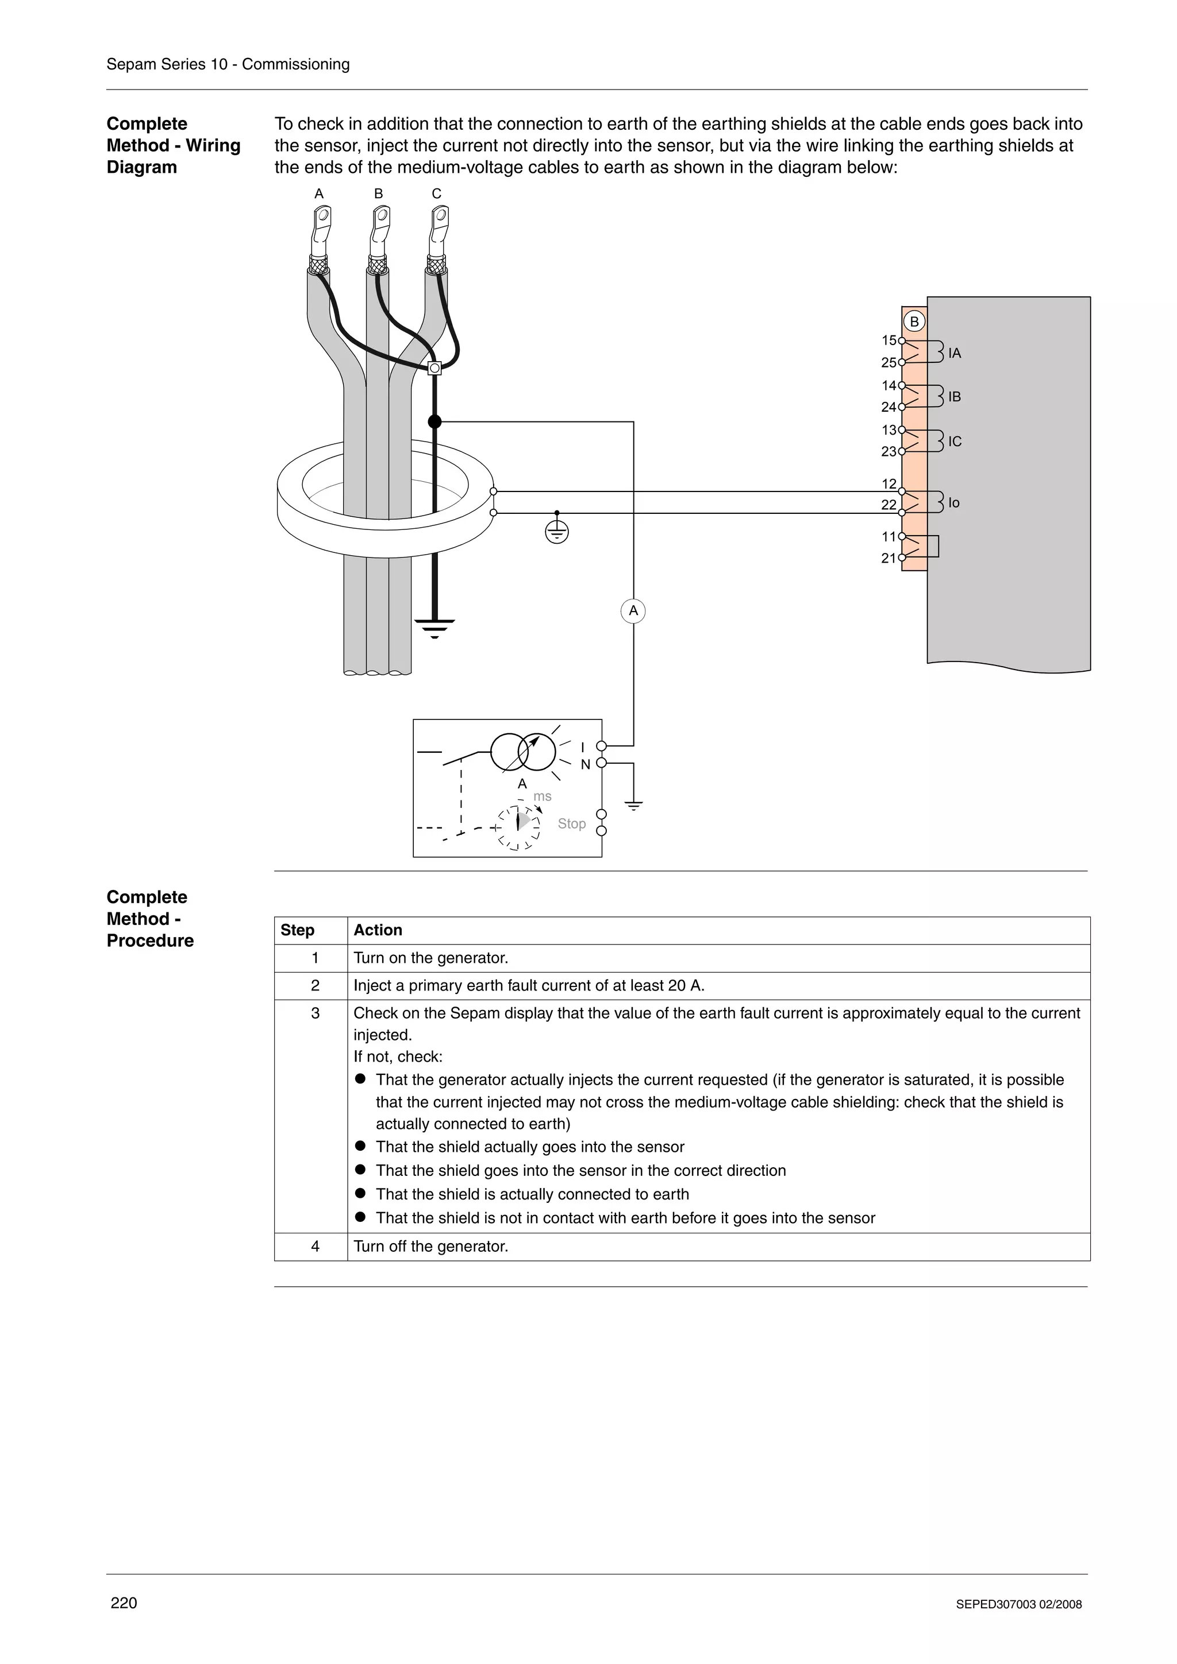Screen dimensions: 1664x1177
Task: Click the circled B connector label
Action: (914, 322)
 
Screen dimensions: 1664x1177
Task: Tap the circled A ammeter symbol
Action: (633, 611)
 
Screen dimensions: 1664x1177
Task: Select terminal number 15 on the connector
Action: (888, 340)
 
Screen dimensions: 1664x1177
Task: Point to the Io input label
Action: (953, 503)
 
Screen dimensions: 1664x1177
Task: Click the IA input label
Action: (955, 354)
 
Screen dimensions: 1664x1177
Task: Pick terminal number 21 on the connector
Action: (888, 558)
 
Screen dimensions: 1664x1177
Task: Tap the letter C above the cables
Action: (437, 194)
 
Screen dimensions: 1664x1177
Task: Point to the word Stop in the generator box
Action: (571, 823)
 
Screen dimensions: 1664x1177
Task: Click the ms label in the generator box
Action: (543, 796)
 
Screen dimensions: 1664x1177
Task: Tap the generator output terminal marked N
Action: (601, 763)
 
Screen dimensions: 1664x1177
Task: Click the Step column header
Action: (297, 930)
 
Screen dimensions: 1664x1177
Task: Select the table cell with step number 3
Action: (315, 1013)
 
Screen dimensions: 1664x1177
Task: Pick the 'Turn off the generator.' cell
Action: (431, 1247)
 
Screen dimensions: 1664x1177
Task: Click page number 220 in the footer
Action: (124, 1603)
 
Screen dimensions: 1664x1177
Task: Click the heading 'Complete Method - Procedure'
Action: (149, 919)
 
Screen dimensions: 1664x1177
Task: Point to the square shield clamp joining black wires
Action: (434, 368)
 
